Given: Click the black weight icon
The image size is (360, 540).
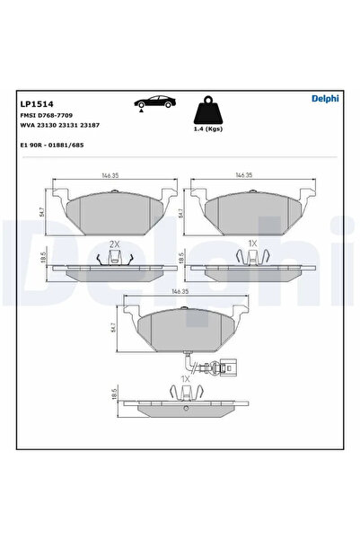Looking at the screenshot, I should click(x=208, y=111).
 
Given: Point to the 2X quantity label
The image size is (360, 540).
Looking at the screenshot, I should click(x=114, y=244).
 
